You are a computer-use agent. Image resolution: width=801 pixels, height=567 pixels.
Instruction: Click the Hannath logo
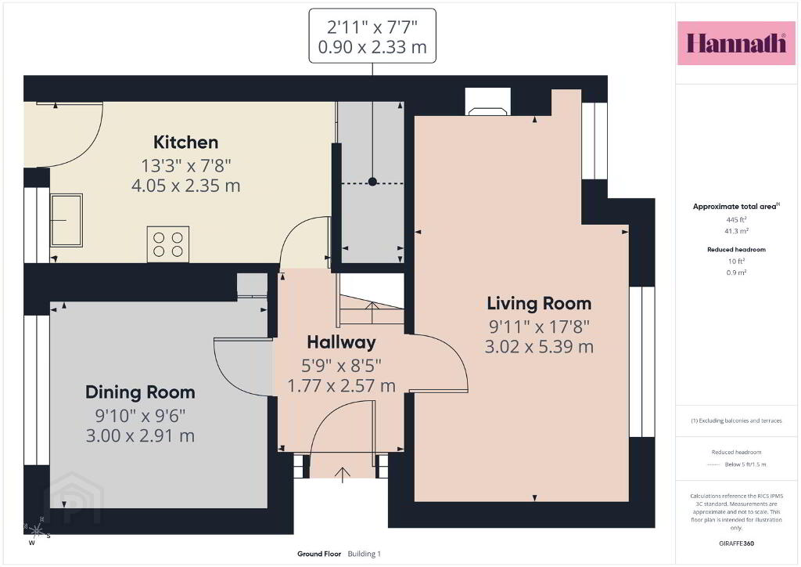click(736, 43)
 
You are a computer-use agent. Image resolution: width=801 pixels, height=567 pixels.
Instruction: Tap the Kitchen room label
click(185, 142)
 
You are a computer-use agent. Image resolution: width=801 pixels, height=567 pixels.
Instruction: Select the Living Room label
click(539, 304)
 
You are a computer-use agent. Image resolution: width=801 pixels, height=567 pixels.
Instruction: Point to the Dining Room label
click(140, 392)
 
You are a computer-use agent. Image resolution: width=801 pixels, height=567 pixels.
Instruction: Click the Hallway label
click(341, 342)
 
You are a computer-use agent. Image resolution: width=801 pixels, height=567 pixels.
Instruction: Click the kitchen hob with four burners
click(168, 244)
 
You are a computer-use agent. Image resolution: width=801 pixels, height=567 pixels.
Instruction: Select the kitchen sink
click(66, 220)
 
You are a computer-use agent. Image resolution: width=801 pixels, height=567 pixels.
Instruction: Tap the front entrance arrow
click(343, 475)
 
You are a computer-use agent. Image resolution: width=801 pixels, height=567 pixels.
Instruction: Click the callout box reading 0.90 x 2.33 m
click(372, 36)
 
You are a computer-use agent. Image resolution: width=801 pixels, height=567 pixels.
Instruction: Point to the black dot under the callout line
click(372, 182)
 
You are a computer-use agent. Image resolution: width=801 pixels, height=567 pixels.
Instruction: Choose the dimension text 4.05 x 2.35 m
click(185, 186)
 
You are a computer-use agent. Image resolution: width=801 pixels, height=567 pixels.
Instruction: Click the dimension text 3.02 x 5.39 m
click(539, 347)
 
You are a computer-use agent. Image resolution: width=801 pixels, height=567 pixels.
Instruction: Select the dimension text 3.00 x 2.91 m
click(140, 436)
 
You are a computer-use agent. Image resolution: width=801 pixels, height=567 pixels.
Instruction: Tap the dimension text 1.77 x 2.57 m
click(341, 386)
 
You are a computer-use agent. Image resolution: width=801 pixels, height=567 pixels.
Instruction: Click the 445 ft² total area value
click(736, 220)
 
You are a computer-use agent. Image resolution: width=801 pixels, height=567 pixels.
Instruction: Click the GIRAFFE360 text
click(736, 544)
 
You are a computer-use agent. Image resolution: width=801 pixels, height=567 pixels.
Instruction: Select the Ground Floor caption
click(319, 554)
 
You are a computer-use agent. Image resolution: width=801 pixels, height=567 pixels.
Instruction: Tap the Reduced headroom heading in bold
click(736, 250)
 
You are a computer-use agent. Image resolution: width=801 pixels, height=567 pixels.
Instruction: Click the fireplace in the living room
click(488, 102)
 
